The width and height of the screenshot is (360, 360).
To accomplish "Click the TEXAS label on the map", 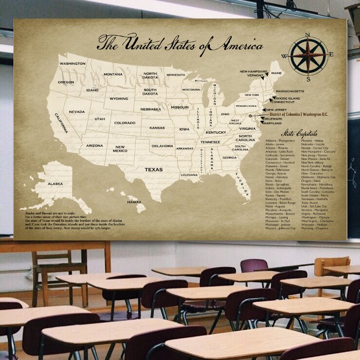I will tap(154, 168).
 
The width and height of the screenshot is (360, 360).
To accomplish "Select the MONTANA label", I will tap(113, 74).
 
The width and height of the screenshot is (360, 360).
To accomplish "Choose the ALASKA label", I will tap(55, 183).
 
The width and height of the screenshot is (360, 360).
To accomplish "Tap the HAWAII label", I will tap(134, 202).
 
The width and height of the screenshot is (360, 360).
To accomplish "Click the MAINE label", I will tap(277, 73).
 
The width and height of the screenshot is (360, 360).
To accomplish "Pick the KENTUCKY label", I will tap(216, 132).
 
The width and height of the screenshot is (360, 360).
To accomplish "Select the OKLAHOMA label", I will tap(163, 146).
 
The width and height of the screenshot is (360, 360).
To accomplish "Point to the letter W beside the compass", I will tap(285, 56).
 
